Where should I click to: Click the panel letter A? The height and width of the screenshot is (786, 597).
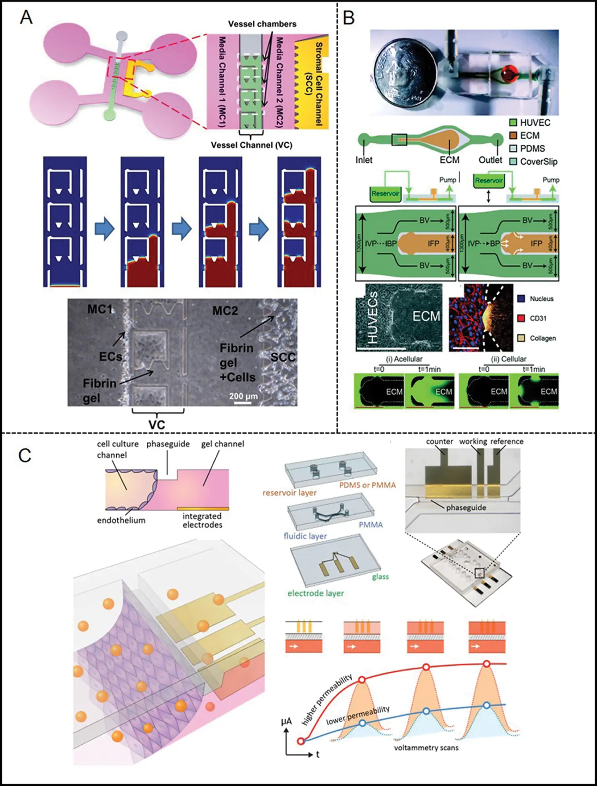(26, 17)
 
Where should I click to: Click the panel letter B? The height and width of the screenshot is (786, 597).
(349, 17)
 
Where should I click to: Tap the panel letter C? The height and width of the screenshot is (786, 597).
(25, 455)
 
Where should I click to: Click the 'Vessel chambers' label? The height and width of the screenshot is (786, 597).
(262, 24)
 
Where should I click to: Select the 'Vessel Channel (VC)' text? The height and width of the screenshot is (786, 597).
(251, 145)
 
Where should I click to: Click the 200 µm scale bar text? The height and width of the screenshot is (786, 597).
(244, 396)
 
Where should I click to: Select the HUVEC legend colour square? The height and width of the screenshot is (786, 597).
(513, 123)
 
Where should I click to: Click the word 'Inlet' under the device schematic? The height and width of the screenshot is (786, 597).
(364, 160)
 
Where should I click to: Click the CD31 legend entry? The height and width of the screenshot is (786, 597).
(538, 318)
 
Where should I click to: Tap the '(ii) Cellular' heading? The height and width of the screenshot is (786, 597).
(509, 359)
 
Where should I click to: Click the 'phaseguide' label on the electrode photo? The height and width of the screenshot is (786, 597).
(466, 508)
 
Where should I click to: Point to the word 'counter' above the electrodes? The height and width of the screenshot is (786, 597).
(439, 442)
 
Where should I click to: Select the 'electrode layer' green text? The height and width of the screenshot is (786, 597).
(315, 593)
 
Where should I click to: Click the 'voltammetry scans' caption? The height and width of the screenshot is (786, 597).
(426, 748)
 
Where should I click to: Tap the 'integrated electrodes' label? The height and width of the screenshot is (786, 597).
(202, 520)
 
